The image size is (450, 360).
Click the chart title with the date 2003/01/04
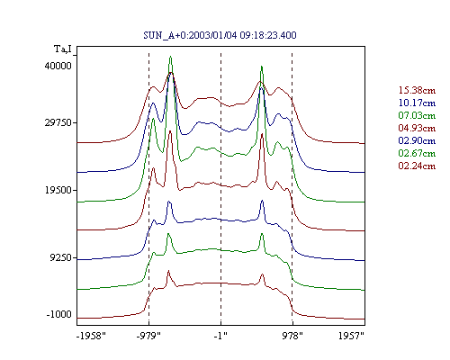pyautogui.click(x=220, y=35)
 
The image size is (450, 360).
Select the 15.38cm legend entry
pyautogui.click(x=417, y=90)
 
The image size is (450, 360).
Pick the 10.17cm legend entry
pyautogui.click(x=417, y=103)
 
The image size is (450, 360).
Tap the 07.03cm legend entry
pyautogui.click(x=417, y=115)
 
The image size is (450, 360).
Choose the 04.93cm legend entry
pyautogui.click(x=417, y=128)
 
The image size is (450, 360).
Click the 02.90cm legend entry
pyautogui.click(x=417, y=140)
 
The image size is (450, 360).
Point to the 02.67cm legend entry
pyautogui.click(x=417, y=153)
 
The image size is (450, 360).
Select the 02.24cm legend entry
pyautogui.click(x=417, y=166)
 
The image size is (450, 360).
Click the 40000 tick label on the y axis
pyautogui.click(x=58, y=66)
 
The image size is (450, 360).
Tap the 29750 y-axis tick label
pyautogui.click(x=58, y=122)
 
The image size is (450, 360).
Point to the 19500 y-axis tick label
pyautogui.click(x=58, y=190)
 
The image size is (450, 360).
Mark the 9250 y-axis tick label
pyautogui.click(x=61, y=257)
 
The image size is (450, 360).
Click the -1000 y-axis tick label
pyautogui.click(x=58, y=314)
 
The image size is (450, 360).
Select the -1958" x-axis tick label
pyautogui.click(x=91, y=336)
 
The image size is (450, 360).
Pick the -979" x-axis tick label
pyautogui.click(x=148, y=336)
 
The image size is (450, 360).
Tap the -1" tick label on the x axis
pyautogui.click(x=220, y=336)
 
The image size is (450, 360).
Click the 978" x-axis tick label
pyautogui.click(x=292, y=336)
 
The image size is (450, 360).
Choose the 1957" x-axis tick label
pyautogui.click(x=351, y=336)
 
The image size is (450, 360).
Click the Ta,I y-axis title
pyautogui.click(x=63, y=49)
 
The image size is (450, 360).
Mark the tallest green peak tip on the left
pyautogui.click(x=170, y=56)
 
